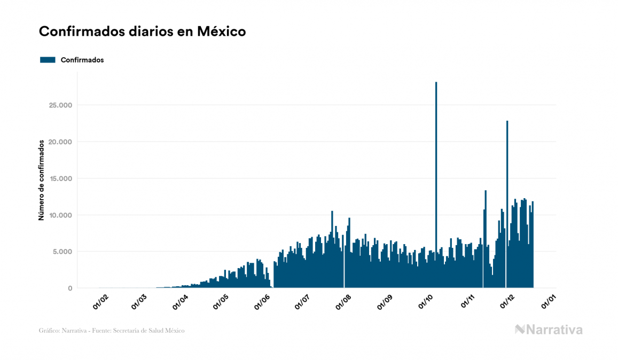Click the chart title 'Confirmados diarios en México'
pyautogui.click(x=142, y=32)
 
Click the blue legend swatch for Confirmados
pyautogui.click(x=48, y=60)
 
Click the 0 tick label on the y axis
pyautogui.click(x=69, y=288)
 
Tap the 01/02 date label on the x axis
pyautogui.click(x=100, y=302)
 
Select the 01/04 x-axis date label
pyautogui.click(x=181, y=302)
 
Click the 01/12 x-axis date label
pyautogui.click(x=507, y=302)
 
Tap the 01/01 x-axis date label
pyautogui.click(x=549, y=302)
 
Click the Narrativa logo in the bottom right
pyautogui.click(x=549, y=330)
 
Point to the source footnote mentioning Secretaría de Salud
pyautogui.click(x=112, y=331)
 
